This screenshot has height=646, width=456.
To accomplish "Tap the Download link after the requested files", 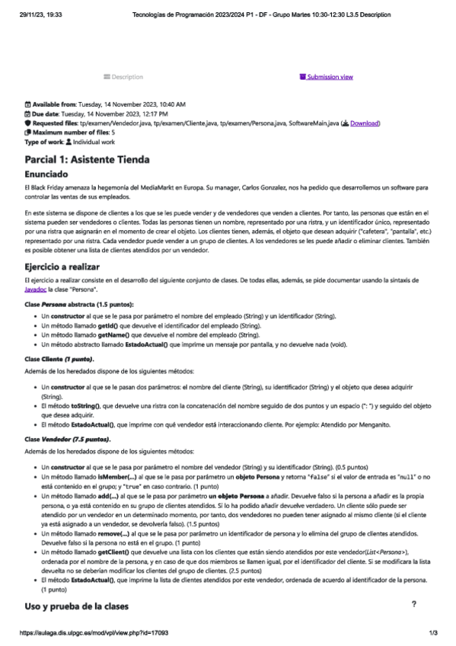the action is tap(364, 123).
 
